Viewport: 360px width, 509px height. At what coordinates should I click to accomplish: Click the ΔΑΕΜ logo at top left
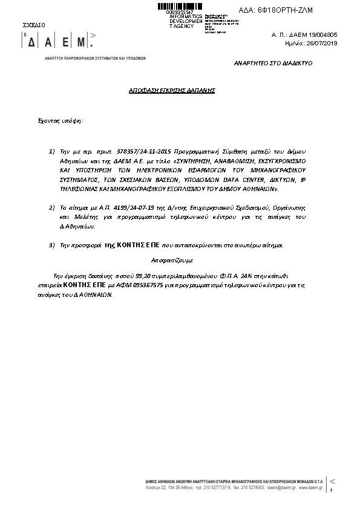(x=58, y=42)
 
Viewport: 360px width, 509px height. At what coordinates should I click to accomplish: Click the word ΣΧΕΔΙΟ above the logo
(x=34, y=25)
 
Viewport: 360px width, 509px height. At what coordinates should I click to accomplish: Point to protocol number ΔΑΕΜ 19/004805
(x=316, y=36)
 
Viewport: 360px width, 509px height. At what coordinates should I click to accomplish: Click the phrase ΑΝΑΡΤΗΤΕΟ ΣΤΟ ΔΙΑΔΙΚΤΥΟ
(x=273, y=63)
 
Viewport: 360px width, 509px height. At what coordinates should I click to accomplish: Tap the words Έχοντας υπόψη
(x=61, y=120)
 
